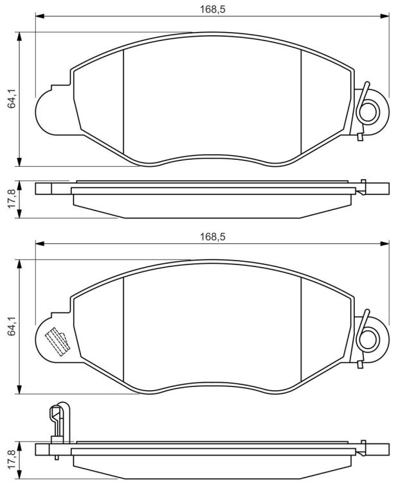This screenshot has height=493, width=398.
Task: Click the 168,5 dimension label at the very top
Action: pos(213,10)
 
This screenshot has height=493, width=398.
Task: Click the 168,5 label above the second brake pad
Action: pos(213,237)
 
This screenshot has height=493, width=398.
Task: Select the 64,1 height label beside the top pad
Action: pos(12,99)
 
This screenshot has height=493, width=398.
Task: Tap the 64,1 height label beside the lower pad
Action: pos(12,327)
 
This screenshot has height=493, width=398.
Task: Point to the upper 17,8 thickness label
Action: pos(12,199)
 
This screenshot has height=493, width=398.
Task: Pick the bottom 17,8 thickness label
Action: pos(12,460)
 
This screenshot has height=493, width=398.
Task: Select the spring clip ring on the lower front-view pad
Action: pos(369,339)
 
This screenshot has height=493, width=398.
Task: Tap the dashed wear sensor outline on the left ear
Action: pos(58,342)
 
